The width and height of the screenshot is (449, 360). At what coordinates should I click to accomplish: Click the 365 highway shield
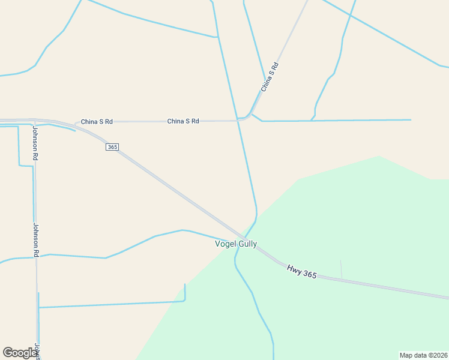[x=112, y=147]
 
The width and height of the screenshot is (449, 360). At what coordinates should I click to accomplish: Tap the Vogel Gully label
[x=236, y=244]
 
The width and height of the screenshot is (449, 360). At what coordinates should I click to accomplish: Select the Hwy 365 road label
[x=301, y=271]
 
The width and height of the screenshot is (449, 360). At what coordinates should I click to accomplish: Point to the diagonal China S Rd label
[x=271, y=77]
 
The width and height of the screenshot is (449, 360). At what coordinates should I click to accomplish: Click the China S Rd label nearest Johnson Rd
[x=97, y=121]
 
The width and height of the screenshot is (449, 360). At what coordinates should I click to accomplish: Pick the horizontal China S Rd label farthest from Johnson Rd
[x=183, y=121]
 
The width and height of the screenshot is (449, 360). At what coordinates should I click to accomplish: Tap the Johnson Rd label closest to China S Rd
[x=35, y=142]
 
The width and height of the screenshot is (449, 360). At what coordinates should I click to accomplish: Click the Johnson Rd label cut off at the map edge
[x=37, y=350]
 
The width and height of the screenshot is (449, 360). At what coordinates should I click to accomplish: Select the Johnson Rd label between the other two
[x=35, y=240]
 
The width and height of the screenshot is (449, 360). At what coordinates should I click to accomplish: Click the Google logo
[x=20, y=353]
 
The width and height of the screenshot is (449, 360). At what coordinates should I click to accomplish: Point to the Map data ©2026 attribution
[x=423, y=355]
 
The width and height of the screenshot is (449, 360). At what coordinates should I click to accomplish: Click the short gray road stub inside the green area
[x=341, y=269]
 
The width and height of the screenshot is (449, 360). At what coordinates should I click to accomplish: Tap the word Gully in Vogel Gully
[x=247, y=244]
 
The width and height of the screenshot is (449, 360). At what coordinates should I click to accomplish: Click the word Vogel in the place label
[x=225, y=244]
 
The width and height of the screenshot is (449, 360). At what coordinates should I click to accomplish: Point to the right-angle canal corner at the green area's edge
[x=185, y=299]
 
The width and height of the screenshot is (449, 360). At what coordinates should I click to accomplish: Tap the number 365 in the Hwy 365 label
[x=309, y=274]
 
